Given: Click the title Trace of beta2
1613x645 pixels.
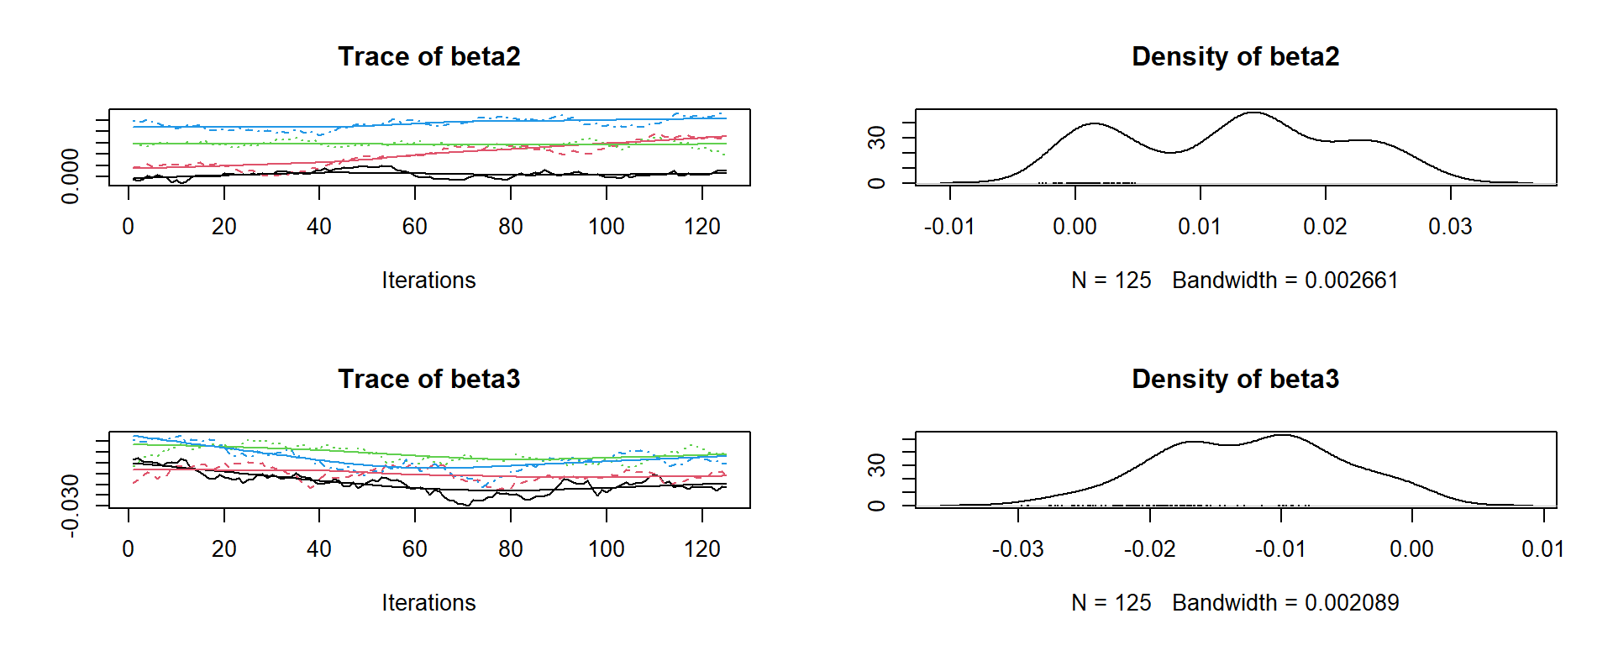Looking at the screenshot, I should [x=428, y=56].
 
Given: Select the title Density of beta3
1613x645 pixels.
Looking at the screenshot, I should [x=1235, y=379].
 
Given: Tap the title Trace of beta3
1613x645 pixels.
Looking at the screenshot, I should [x=428, y=379].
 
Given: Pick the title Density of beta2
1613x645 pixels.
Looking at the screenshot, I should [x=1235, y=56].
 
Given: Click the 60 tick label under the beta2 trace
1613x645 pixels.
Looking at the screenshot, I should [x=415, y=227].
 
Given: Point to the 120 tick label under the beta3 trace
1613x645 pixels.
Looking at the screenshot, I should [x=702, y=549].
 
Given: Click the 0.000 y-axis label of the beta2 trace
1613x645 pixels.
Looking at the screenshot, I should [x=71, y=176].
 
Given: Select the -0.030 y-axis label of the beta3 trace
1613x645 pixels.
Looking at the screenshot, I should [x=71, y=505].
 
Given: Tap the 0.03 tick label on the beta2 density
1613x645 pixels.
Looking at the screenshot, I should [x=1450, y=227].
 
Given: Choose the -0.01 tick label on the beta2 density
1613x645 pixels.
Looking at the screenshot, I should [x=949, y=227].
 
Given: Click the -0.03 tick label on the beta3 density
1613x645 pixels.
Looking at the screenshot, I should [x=1017, y=549].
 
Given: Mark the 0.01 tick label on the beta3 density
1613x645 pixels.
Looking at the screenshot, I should [x=1543, y=549].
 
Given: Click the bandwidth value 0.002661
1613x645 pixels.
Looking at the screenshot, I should [x=1351, y=281].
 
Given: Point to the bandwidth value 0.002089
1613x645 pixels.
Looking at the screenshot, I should [x=1351, y=603].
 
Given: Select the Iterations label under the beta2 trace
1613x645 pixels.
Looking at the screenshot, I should [x=428, y=281].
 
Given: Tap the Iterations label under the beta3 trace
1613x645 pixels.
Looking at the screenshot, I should [x=428, y=603].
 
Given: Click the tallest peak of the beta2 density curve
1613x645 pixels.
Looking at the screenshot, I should [x=1253, y=113].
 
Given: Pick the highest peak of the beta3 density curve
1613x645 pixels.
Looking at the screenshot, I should [x=1283, y=435].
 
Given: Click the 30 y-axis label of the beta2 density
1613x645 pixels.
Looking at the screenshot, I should [x=877, y=137].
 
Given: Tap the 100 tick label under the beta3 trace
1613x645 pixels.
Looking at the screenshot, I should [x=607, y=549].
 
